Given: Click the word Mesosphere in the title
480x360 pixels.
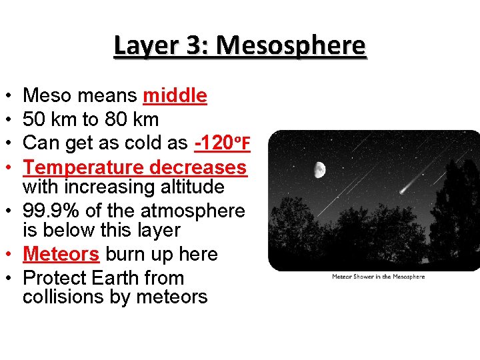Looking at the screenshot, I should (291, 45).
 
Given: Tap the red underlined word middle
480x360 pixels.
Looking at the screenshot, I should (175, 96).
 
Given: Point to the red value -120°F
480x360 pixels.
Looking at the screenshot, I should (222, 143).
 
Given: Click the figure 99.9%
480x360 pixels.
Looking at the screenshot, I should (50, 211).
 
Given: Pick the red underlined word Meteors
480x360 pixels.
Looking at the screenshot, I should (61, 254).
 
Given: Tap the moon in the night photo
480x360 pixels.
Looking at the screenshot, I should (320, 170).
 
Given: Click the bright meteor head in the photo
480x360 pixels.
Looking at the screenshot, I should (403, 190).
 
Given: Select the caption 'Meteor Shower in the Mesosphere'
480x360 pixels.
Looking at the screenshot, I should (378, 277).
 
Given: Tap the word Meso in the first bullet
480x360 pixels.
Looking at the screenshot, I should (47, 96).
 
